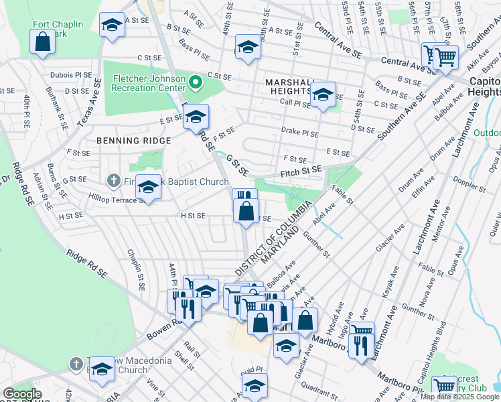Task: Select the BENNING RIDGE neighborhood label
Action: [133, 141]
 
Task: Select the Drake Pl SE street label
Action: [298, 132]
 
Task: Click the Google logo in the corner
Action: [22, 394]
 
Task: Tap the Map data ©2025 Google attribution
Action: [459, 397]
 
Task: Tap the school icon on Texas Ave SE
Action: [112, 25]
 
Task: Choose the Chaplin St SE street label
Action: [136, 270]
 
